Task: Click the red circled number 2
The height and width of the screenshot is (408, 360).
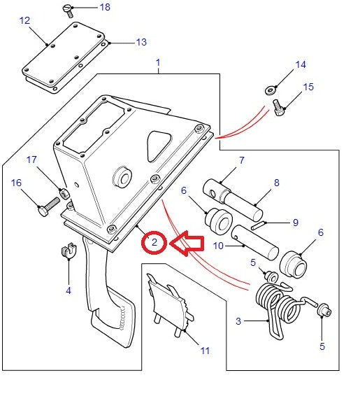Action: tap(153, 243)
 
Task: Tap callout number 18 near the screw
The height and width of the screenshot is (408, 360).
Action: tap(104, 8)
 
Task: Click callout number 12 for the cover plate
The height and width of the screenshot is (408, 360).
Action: tap(24, 22)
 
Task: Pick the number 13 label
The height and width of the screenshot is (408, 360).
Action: tap(141, 43)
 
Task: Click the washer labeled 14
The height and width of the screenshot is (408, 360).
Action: tap(270, 90)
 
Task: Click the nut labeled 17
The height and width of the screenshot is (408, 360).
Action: tap(64, 193)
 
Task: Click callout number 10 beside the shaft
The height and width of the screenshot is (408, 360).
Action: tap(217, 245)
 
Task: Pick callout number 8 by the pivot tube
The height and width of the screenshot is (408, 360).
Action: tap(276, 183)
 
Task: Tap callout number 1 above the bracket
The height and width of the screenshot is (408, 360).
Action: tap(158, 63)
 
